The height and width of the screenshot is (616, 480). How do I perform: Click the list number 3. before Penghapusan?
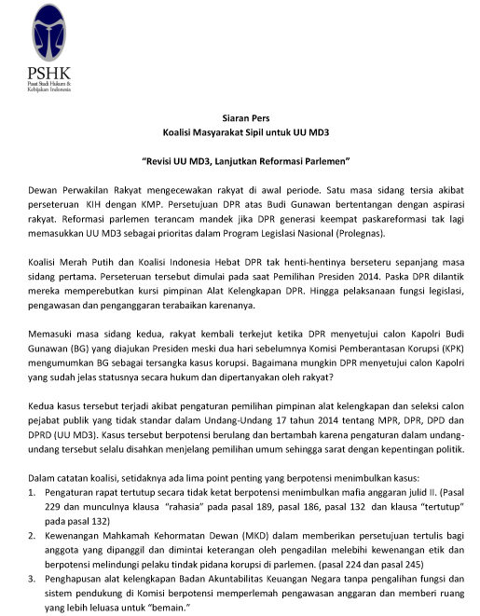tap(34, 591)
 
